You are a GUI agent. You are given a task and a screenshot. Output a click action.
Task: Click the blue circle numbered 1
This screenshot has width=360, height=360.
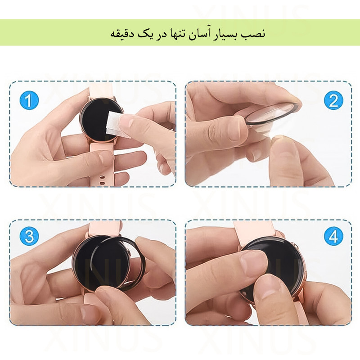[29, 100]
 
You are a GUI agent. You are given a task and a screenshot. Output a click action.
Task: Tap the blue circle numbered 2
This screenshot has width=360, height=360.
[333, 100]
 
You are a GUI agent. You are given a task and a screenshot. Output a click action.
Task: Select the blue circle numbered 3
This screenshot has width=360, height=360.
[29, 236]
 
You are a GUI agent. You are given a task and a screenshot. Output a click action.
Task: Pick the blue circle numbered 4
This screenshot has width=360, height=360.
[333, 236]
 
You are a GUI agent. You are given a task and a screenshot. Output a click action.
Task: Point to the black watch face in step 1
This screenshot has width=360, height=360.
[97, 121]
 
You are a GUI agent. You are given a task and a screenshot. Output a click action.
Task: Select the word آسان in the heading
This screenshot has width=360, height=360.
[201, 33]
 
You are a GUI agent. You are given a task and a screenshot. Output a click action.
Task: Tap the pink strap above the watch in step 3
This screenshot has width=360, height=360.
[104, 229]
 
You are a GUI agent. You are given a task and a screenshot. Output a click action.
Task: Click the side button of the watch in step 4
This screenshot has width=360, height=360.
[297, 247]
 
